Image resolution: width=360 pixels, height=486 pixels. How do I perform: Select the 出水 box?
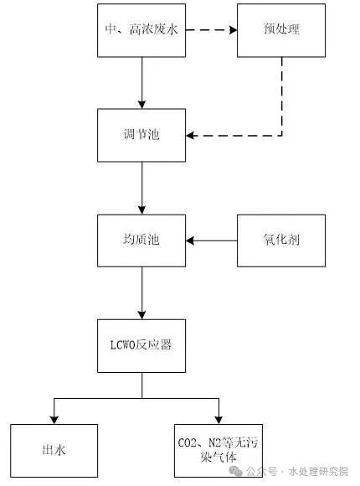point(54,451)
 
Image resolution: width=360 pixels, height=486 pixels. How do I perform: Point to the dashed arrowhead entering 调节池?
point(190,135)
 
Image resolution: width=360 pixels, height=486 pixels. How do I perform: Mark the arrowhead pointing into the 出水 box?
point(54,419)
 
